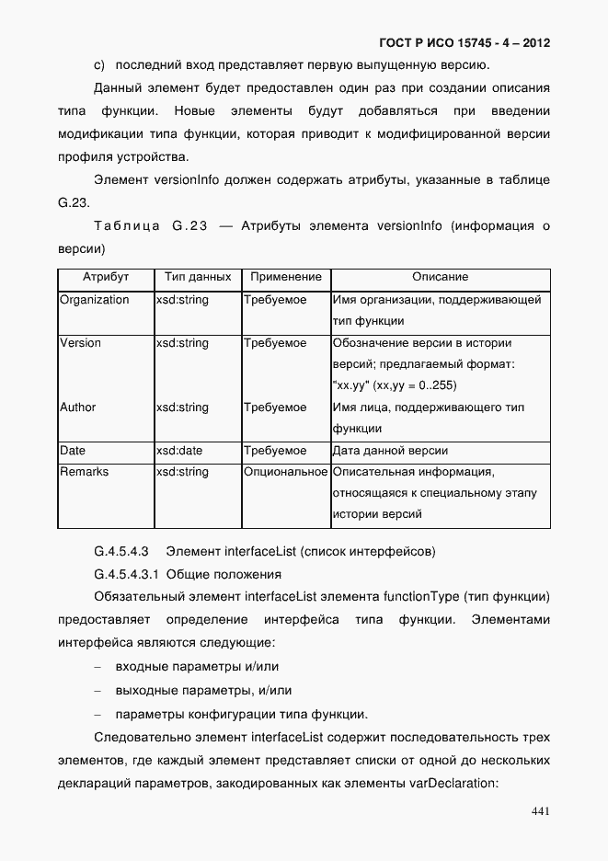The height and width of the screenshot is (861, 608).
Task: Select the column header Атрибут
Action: point(106,277)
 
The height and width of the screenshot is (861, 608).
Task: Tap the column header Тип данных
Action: point(197,277)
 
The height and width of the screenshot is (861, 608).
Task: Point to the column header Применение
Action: point(285,277)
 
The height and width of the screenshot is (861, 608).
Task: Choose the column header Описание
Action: point(440,277)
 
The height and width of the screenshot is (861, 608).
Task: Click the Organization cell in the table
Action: point(94,300)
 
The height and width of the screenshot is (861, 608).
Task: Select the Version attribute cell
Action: point(80,343)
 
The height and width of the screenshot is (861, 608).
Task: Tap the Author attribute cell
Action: point(77,408)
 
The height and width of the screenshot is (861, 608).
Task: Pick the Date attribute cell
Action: point(73,451)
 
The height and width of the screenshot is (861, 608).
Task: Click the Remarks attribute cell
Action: point(84,472)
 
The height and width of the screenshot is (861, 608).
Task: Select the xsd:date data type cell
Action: point(180,451)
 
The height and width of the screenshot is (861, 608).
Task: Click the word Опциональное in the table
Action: point(285,472)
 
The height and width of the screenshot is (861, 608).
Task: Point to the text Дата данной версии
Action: point(391,451)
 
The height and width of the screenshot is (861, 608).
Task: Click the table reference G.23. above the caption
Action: point(72,201)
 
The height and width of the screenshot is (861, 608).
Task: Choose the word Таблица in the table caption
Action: point(127,226)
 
